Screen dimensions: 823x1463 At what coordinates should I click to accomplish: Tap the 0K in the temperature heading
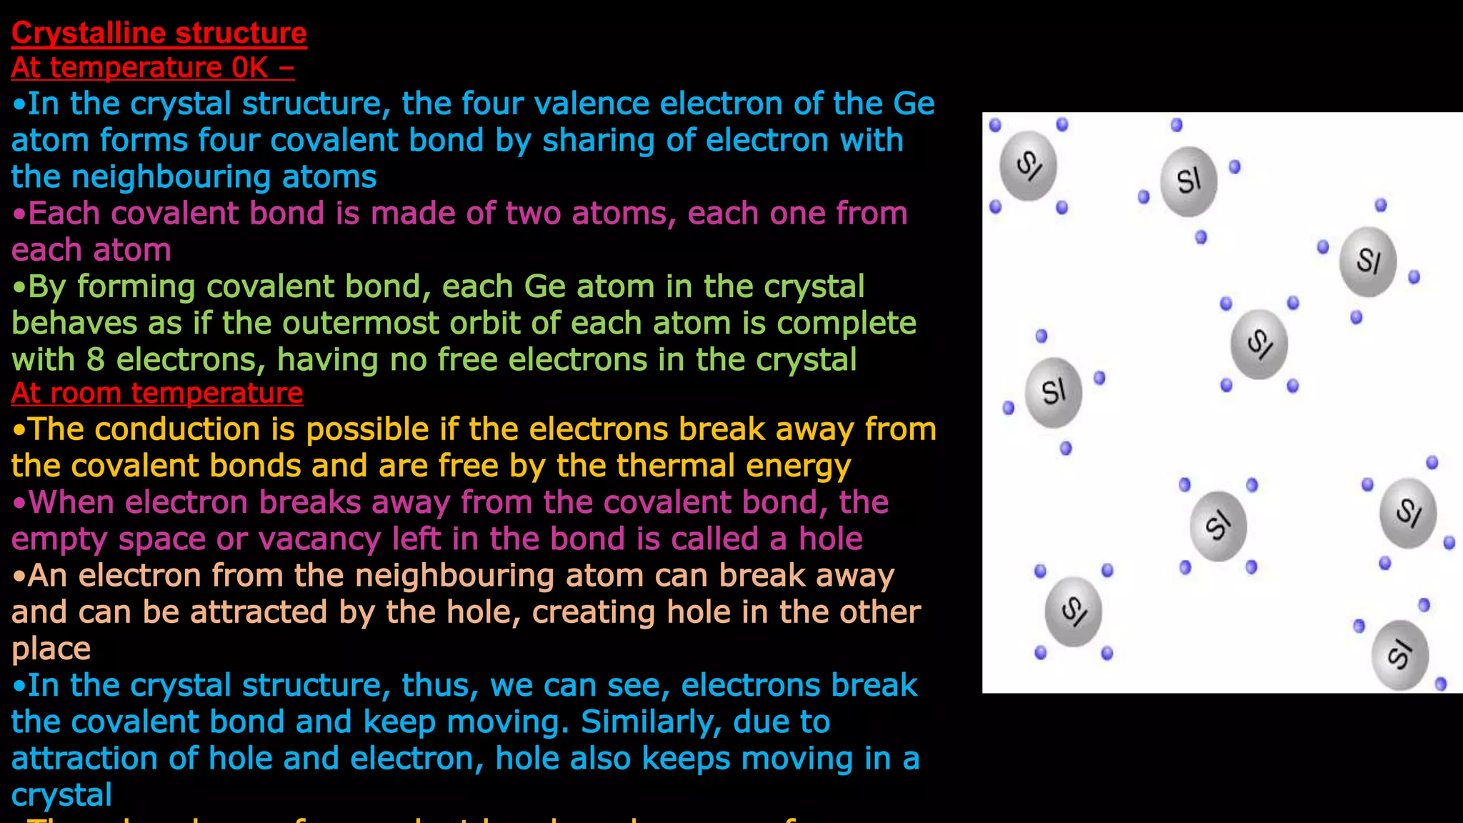pyautogui.click(x=249, y=68)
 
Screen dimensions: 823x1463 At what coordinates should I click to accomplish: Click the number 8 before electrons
pyautogui.click(x=96, y=360)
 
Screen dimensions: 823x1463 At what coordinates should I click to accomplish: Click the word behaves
pyautogui.click(x=74, y=324)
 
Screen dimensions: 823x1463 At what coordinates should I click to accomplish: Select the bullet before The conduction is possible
pyautogui.click(x=19, y=430)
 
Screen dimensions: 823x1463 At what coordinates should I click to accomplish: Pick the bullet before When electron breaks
pyautogui.click(x=19, y=503)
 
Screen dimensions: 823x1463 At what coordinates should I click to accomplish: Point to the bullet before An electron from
pyautogui.click(x=19, y=576)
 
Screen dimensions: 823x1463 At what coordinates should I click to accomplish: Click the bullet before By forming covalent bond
pyautogui.click(x=19, y=287)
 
